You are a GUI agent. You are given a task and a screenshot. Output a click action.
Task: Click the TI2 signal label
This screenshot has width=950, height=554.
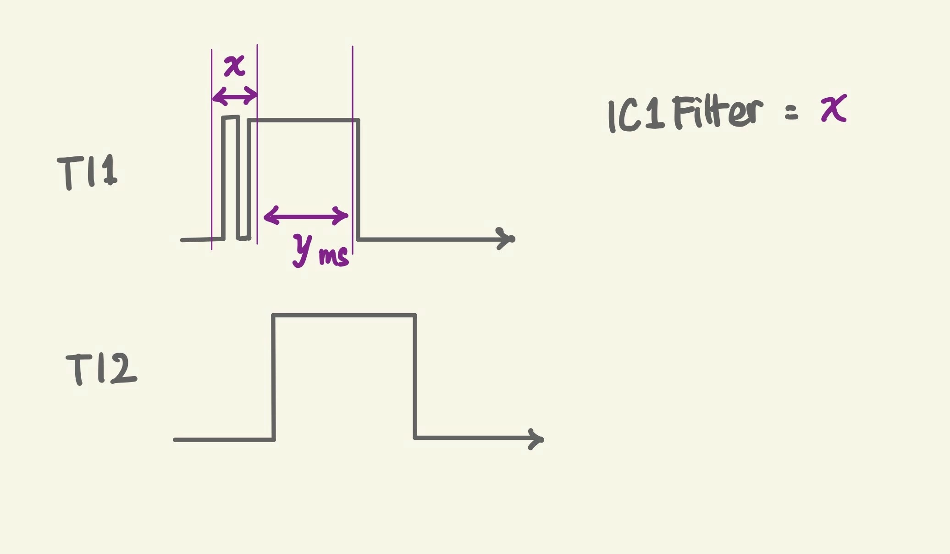pos(101,369)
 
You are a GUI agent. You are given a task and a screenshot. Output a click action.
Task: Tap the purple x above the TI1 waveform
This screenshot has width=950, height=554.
pos(235,66)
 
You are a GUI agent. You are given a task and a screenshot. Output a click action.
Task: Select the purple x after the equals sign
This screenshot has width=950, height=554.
pos(834,108)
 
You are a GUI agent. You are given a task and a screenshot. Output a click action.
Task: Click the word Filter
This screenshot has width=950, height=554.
pos(718,112)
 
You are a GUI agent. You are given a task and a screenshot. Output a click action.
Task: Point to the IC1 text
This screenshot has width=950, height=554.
pos(636,116)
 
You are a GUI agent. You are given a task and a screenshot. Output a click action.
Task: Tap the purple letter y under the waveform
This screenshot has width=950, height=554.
pos(302,249)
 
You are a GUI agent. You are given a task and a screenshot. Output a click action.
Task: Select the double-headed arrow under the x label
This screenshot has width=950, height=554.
pos(235,96)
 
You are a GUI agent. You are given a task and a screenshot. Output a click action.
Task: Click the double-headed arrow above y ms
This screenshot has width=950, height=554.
pos(306,216)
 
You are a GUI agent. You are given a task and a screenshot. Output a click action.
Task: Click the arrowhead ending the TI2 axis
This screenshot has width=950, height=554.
pos(537,439)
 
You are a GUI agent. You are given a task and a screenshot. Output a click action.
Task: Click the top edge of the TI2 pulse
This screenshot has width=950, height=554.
pos(344,315)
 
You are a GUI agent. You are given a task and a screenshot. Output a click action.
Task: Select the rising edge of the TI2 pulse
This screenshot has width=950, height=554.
pos(274,377)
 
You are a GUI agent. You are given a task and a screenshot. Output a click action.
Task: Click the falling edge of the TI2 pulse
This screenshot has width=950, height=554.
pos(415,377)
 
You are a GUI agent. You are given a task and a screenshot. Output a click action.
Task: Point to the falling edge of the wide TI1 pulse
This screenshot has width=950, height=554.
pos(358,179)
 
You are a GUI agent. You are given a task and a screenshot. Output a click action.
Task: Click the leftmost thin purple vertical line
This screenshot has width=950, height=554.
pos(211,150)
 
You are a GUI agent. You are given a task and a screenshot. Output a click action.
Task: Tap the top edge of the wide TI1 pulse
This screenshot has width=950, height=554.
pos(303,120)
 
